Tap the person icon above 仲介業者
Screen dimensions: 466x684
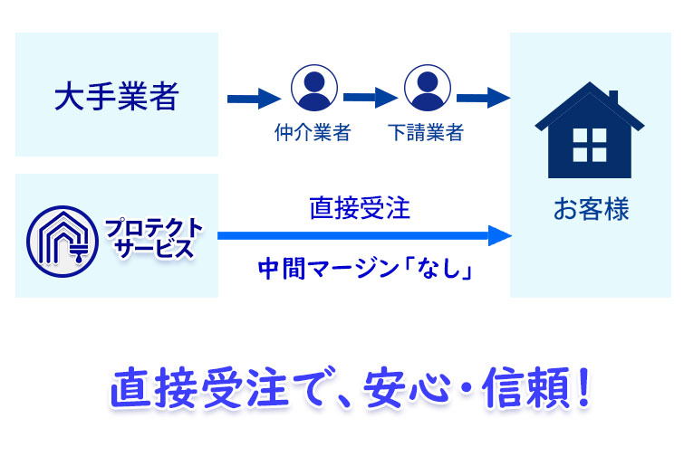pyautogui.click(x=313, y=87)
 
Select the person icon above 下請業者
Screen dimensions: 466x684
pyautogui.click(x=427, y=87)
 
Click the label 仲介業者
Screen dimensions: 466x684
pyautogui.click(x=313, y=133)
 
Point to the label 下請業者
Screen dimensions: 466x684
pyautogui.click(x=426, y=133)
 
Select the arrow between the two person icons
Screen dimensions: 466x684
pyautogui.click(x=371, y=97)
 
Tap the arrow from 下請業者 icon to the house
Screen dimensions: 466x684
pyautogui.click(x=483, y=97)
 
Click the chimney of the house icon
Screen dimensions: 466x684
pyautogui.click(x=612, y=97)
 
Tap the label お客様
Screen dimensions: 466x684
pyautogui.click(x=591, y=212)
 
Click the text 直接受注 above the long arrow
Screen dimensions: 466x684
pyautogui.click(x=360, y=210)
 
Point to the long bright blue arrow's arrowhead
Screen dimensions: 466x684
pyautogui.click(x=499, y=236)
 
